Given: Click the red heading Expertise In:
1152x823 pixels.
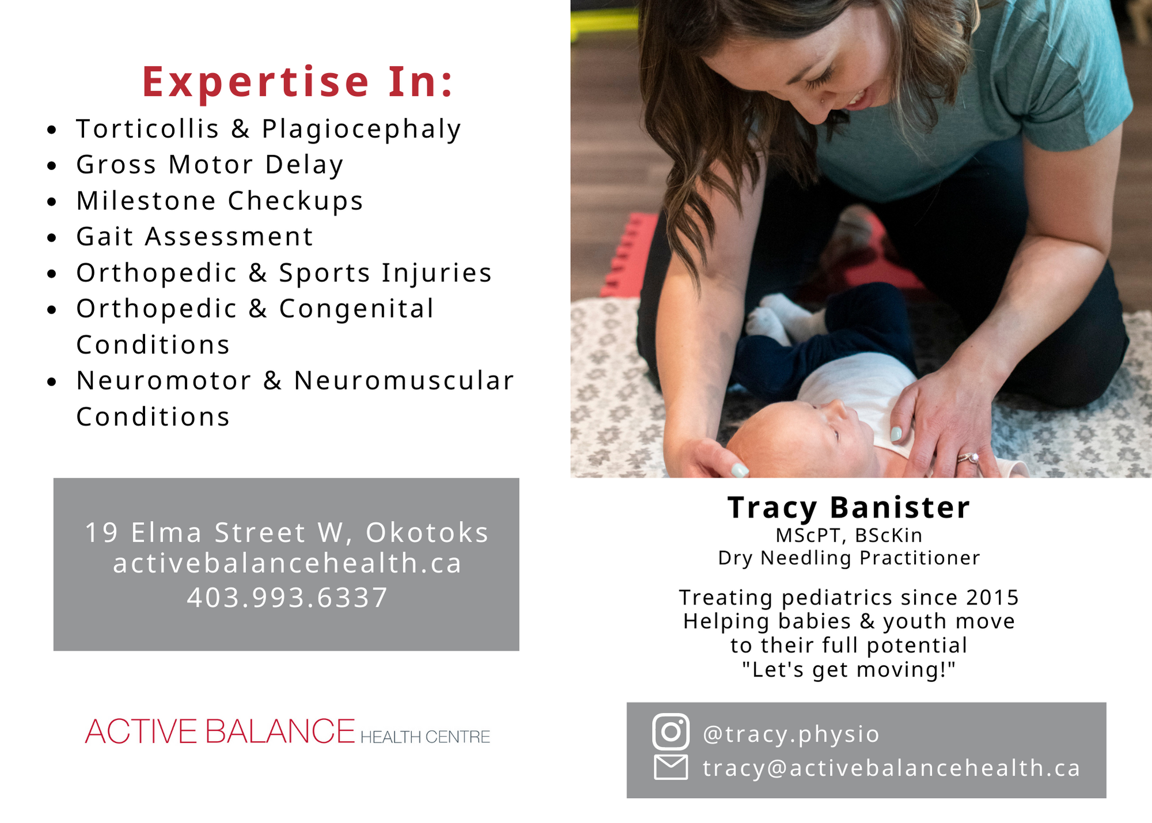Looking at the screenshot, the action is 298,81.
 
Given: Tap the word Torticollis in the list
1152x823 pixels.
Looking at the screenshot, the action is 147,129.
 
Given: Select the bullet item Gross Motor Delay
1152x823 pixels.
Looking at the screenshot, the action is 210,165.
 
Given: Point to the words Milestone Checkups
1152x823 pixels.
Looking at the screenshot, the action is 219,201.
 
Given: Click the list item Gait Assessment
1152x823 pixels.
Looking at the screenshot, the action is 195,236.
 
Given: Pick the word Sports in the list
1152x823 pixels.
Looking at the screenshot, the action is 324,273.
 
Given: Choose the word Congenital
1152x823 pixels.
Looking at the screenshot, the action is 356,309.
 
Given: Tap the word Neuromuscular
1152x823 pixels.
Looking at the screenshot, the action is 404,380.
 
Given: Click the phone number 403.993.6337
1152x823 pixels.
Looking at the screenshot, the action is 287,598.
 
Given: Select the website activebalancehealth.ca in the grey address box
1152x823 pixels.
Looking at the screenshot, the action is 287,563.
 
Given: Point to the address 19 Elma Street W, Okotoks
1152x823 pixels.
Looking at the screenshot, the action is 286,533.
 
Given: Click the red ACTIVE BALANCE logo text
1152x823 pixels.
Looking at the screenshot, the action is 219,731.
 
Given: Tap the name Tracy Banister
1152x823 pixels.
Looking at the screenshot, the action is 848,508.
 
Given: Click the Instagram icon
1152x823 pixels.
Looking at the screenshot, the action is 670,731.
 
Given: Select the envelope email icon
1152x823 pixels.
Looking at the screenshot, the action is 670,767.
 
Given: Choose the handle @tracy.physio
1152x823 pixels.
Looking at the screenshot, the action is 791,734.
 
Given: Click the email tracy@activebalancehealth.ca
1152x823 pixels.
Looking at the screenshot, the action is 891,768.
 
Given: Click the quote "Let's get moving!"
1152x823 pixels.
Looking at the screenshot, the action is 848,670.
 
